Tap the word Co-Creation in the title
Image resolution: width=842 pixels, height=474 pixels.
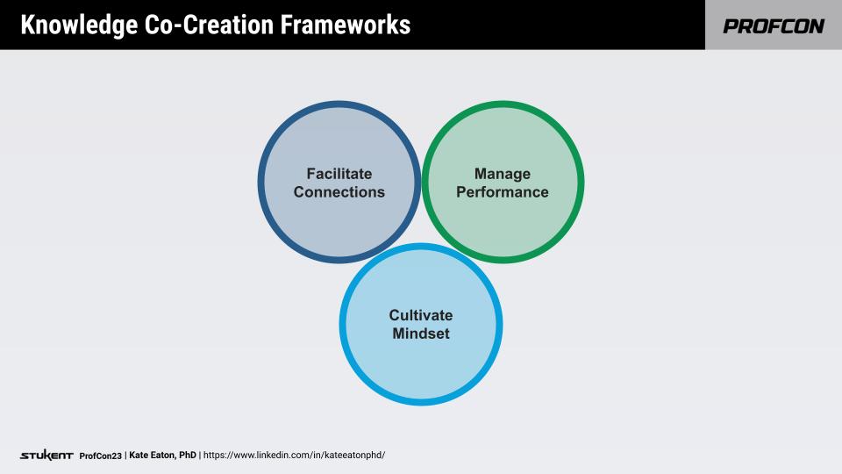coord(196,25)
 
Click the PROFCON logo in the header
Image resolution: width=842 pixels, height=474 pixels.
coord(774,26)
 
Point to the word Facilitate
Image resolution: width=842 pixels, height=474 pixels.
coord(339,174)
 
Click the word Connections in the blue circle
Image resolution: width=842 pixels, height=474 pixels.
coord(339,192)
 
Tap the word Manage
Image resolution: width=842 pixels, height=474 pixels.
coord(503,174)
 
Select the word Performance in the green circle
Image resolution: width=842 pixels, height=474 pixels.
coord(503,192)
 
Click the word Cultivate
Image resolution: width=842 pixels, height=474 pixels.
coord(421,315)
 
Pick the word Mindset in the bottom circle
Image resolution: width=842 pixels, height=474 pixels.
coord(421,334)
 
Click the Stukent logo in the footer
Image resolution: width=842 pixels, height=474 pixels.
coord(46,456)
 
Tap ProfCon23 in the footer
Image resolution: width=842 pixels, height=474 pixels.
coord(101,456)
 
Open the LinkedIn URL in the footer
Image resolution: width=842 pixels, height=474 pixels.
coord(294,456)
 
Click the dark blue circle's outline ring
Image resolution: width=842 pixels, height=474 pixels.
coord(261,183)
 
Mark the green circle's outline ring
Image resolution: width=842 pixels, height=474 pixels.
coord(581,183)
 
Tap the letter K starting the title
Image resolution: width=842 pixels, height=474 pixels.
coord(27,25)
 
